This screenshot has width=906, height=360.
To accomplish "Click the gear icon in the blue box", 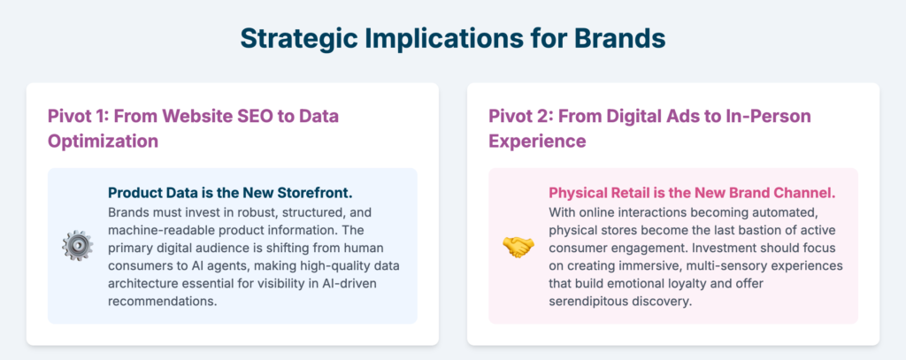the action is pos(78,246).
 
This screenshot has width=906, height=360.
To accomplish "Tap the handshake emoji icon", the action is pos(518,246).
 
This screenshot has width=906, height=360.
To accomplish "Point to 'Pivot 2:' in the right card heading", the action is pos(518,116).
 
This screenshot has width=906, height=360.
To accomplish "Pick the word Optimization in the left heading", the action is pos(103,141).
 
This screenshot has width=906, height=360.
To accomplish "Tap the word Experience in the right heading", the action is pos(537,141).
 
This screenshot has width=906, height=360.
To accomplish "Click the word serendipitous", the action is pos(584,303).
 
